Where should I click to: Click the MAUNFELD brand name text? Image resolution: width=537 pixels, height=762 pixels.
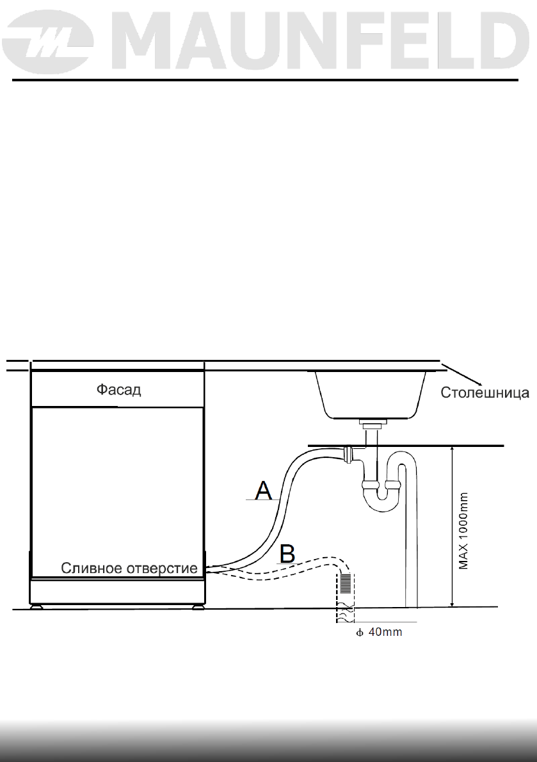321,41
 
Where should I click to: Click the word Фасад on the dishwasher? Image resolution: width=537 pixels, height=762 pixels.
118,390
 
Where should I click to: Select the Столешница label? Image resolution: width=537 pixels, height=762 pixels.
485,392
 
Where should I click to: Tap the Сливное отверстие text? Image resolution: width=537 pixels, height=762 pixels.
129,568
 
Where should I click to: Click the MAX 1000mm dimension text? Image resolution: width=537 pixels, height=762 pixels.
463,531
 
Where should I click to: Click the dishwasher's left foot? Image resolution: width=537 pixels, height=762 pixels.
35,606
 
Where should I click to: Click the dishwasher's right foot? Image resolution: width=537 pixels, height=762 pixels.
198,606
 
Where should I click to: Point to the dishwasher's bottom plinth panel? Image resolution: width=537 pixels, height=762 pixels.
118,591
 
